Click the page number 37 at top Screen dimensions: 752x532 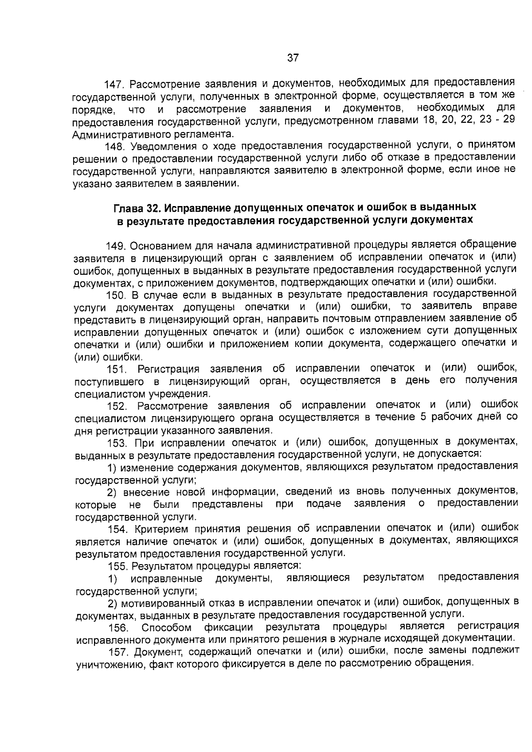coord(293,58)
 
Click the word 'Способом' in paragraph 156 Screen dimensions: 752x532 coord(167,628)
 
